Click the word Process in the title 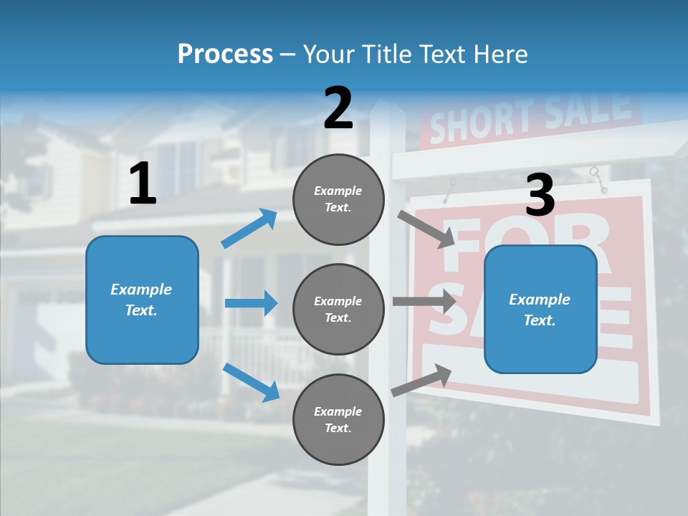point(225,54)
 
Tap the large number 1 point(143,184)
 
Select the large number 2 point(338,108)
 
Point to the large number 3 point(540,196)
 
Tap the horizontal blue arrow point(251,303)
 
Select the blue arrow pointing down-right point(252,382)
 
